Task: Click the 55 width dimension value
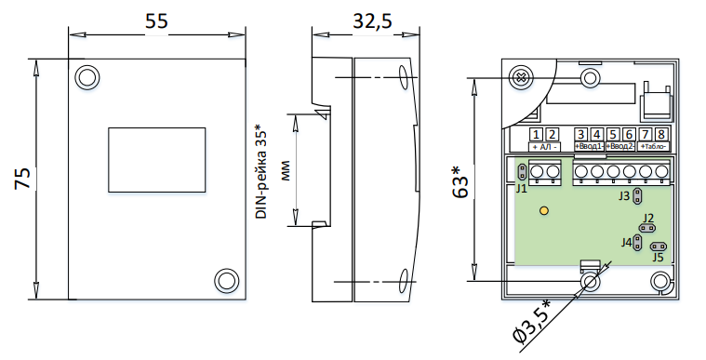click(x=156, y=21)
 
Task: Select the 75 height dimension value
click(x=22, y=178)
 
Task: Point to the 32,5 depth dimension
click(x=372, y=21)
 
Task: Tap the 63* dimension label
click(x=460, y=181)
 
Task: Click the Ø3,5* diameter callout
click(x=534, y=324)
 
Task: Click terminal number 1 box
click(x=537, y=134)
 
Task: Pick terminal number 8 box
click(x=661, y=134)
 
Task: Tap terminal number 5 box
click(x=613, y=134)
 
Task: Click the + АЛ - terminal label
click(x=544, y=147)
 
